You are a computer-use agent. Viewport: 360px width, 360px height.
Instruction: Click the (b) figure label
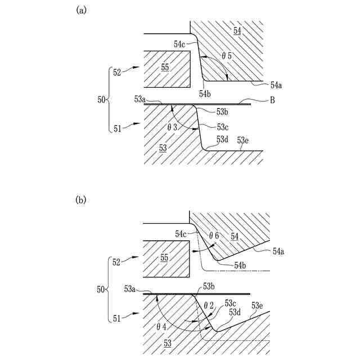coord(80,200)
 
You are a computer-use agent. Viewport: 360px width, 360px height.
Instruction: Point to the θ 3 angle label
coord(172,128)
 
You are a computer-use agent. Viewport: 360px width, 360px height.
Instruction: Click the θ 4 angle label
coord(162,326)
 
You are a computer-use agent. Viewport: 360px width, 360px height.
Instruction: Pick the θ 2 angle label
coord(209,305)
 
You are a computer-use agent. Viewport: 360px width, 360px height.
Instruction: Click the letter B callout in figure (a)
coord(272,101)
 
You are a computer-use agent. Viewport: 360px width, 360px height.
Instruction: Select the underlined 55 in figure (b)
coord(165,257)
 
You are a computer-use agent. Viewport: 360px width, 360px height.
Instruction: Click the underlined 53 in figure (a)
coord(163,147)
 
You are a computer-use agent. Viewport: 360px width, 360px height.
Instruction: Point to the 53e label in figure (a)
coord(243,140)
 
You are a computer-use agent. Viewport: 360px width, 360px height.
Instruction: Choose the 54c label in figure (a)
coord(180,44)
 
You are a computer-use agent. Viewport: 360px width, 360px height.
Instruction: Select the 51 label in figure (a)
coord(117,128)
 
